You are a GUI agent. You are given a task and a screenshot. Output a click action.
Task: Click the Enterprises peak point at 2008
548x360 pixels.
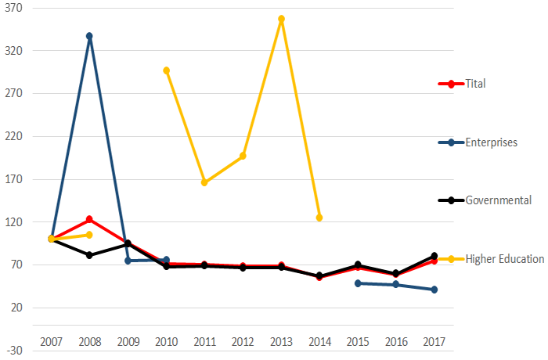point(89,36)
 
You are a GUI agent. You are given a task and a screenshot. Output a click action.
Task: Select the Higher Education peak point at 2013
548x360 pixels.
point(281,19)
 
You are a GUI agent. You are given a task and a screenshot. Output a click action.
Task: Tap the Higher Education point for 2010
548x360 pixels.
point(166,70)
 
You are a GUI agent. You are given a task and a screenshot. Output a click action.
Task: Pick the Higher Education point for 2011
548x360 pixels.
point(204,182)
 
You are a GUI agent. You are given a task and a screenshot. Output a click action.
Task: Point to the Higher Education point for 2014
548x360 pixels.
point(319,218)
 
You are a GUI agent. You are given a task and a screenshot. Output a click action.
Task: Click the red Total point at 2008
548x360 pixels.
point(89,219)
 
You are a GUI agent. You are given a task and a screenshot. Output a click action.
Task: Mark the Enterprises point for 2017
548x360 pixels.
point(434,290)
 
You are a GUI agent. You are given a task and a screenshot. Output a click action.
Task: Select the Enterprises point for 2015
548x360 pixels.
point(358,283)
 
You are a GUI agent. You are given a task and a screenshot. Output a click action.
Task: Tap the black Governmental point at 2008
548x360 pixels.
point(89,255)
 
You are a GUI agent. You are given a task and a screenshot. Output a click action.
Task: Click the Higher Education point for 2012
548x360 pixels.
point(243,156)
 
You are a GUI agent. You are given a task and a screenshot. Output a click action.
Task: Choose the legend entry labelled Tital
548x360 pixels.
point(475,84)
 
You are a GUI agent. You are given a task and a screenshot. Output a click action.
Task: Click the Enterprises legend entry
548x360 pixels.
point(491,142)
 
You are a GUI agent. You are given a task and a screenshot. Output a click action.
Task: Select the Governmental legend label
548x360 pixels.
point(498,200)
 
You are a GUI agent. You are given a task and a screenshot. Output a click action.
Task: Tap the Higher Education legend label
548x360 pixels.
point(504,259)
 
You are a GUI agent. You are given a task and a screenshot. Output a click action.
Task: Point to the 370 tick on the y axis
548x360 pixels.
point(15,8)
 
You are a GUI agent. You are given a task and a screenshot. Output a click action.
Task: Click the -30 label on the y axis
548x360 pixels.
point(15,351)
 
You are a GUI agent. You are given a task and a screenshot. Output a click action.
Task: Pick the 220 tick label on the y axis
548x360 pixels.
point(15,136)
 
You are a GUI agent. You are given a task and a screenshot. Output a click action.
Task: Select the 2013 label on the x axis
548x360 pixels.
point(281,342)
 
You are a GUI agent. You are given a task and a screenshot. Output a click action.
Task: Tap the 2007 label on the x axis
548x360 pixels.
point(51,342)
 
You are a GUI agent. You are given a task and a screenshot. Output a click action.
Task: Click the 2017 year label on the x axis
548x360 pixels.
point(434,342)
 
